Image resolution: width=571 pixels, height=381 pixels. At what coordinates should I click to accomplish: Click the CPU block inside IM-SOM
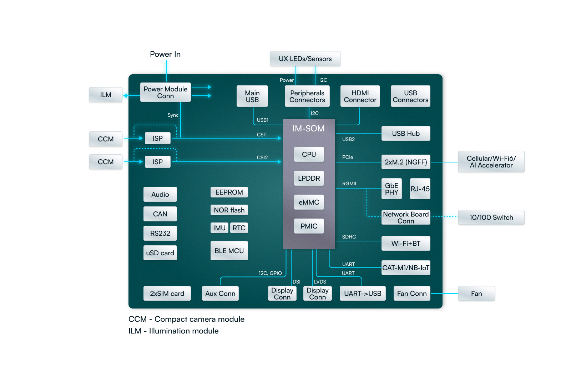point(309,154)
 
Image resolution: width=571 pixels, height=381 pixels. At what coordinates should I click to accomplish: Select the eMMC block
point(309,202)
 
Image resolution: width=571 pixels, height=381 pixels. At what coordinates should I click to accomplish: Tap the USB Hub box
point(405,134)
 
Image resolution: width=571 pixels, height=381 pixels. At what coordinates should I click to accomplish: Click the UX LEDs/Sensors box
point(305,59)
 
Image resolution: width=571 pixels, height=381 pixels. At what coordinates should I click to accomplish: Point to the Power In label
point(165,54)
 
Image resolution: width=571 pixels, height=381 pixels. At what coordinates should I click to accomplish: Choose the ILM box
point(106,95)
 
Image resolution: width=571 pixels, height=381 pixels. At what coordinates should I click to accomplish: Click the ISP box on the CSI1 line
point(157,138)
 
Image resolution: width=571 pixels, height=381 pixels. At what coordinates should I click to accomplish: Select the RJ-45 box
point(420,189)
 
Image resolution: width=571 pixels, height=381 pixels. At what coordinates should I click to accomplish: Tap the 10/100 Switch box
point(491,217)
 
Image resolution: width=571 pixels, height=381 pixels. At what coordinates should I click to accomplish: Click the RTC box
point(239,228)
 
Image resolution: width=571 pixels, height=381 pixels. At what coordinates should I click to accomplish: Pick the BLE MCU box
point(229,251)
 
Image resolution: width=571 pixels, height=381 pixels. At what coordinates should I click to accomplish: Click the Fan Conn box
point(411,294)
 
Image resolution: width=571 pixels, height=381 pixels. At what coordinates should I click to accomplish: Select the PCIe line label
point(347,157)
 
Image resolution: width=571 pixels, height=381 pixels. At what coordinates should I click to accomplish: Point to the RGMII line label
point(349,184)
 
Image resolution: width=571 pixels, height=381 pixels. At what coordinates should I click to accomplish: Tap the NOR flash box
point(229,210)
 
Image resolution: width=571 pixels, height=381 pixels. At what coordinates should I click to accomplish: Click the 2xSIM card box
point(167,294)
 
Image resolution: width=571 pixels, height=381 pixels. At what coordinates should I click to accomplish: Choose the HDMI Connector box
point(360,96)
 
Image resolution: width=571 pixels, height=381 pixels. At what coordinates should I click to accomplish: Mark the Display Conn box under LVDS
point(317,294)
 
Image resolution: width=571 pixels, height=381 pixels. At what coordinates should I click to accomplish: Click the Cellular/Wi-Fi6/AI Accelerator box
point(491,162)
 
